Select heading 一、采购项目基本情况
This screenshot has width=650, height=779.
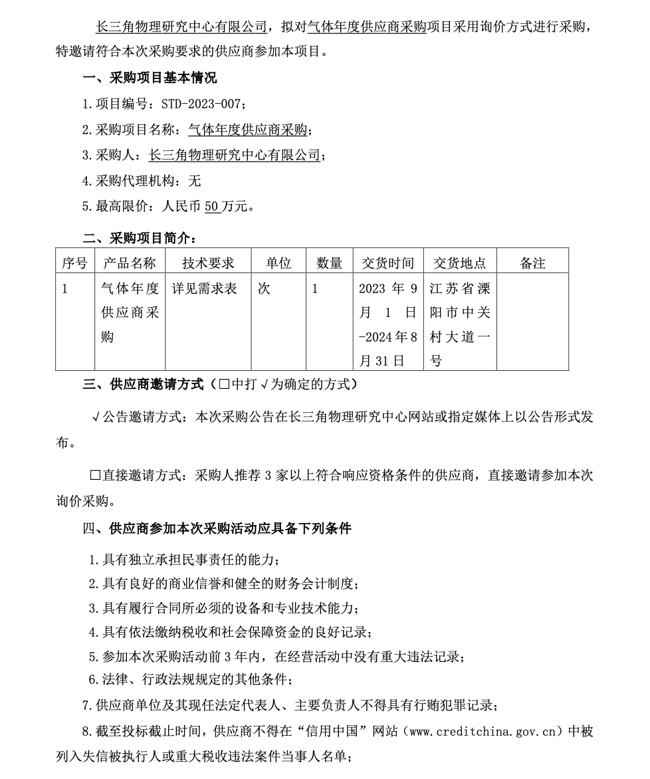(150, 78)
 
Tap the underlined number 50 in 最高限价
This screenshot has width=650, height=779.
(212, 206)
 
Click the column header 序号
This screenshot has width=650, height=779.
(74, 263)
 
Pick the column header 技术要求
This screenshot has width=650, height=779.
(208, 263)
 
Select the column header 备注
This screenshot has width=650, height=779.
(532, 263)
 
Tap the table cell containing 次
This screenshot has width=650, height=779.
(264, 289)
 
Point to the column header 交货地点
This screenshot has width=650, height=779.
(459, 263)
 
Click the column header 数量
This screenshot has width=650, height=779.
(330, 263)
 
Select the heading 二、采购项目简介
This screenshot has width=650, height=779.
(139, 238)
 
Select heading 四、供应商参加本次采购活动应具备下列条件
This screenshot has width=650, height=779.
(217, 529)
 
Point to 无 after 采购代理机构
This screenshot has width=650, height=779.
(195, 181)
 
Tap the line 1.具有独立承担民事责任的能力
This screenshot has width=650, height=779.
(189, 561)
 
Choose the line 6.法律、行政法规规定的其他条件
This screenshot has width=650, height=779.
(191, 679)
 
